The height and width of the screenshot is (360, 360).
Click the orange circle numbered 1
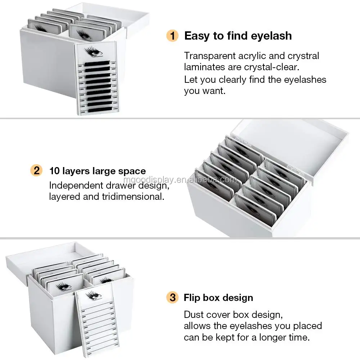pos(172,36)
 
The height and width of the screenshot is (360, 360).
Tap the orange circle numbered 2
pos(36,170)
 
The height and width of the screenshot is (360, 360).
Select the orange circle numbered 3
pos(172,298)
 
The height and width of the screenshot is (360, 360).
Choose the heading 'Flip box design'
pos(218,298)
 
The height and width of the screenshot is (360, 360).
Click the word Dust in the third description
pos(194,314)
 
